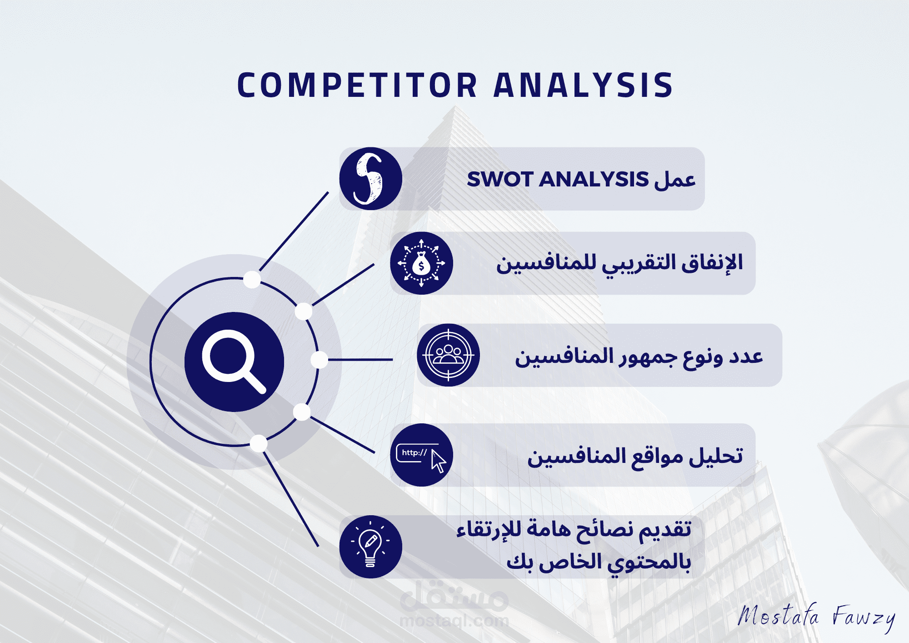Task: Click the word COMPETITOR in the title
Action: [x=357, y=85]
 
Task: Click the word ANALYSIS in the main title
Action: [x=583, y=85]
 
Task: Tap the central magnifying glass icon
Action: [x=234, y=362]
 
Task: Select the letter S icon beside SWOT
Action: [x=370, y=179]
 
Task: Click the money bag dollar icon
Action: [x=421, y=263]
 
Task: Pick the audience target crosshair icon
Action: [x=448, y=355]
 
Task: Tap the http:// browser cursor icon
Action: [x=421, y=455]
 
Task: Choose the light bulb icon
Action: [x=370, y=547]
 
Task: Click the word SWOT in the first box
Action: [x=500, y=179]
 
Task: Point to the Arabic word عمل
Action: [x=675, y=179]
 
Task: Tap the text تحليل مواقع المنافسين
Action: [x=635, y=456]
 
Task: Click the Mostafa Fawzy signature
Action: [x=816, y=617]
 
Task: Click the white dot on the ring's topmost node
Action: [x=252, y=279]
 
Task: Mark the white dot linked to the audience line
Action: [x=320, y=360]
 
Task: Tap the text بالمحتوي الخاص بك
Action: [x=599, y=563]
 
